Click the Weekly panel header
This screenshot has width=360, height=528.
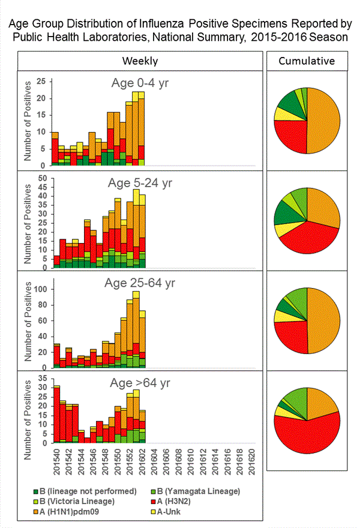click(x=140, y=61)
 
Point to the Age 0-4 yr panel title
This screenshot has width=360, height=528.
click(x=139, y=83)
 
